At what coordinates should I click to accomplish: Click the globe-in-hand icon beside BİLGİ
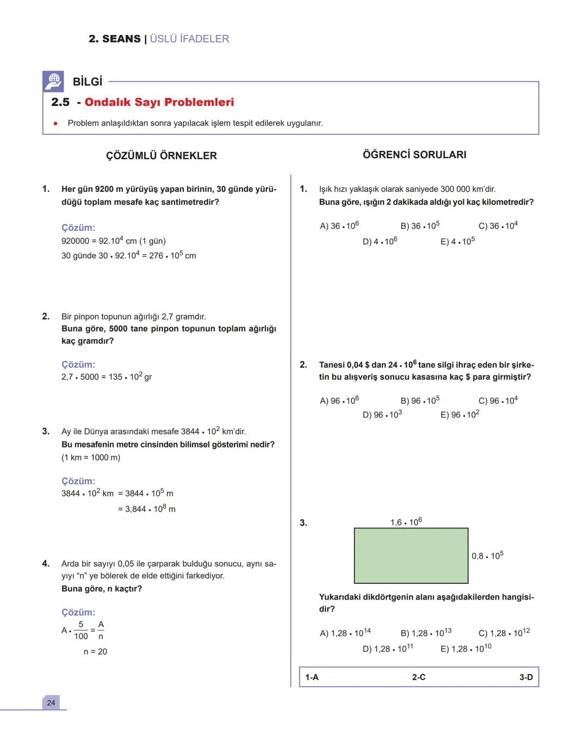tap(53, 81)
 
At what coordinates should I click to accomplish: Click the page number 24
tap(51, 703)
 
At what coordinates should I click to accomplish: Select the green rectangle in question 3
tap(411, 555)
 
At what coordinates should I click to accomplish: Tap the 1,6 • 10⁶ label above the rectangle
tap(406, 522)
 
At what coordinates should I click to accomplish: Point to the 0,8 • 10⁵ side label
tap(487, 555)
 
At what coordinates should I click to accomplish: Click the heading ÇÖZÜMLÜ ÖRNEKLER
tap(161, 156)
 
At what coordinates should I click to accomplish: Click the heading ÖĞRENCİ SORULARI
tap(414, 155)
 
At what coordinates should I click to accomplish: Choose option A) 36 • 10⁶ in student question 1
tap(339, 226)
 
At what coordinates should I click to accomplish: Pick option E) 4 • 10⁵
tap(457, 241)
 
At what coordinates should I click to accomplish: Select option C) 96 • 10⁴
tap(498, 400)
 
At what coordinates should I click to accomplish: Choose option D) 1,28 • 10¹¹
tap(388, 648)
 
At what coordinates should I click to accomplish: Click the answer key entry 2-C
tap(419, 677)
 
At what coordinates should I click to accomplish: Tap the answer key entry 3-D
tap(526, 677)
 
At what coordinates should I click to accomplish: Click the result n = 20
tap(95, 652)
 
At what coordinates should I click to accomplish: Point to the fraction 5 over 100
tap(81, 631)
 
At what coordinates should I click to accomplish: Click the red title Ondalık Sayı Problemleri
tap(159, 102)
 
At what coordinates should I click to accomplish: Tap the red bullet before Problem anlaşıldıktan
tap(55, 123)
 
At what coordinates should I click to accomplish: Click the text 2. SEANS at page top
tap(115, 39)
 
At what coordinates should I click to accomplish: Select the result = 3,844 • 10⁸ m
tap(147, 509)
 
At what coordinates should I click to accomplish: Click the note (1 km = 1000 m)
tap(91, 458)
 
